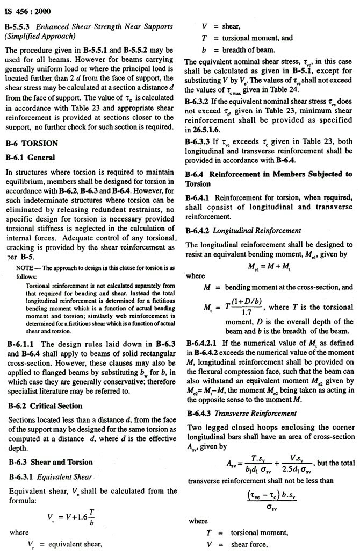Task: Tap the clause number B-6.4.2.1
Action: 203,343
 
